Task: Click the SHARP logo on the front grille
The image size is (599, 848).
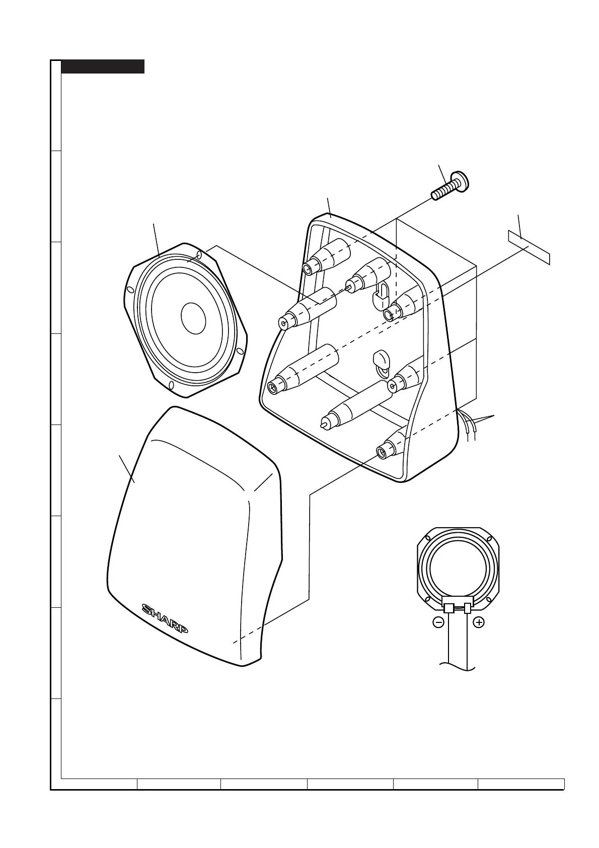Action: pos(165,619)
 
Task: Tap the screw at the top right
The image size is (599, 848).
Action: pos(450,186)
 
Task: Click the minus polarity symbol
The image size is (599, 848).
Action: pos(438,622)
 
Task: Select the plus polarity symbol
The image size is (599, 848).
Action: pos(479,622)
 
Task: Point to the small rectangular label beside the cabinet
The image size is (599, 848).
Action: pos(528,248)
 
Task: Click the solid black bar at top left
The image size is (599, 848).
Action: pos(103,66)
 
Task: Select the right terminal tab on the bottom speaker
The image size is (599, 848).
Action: pos(468,608)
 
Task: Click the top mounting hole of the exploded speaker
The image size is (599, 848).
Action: pos(200,256)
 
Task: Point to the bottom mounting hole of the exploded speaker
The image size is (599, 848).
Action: pos(171,386)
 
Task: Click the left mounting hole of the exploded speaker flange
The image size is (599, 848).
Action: pos(129,290)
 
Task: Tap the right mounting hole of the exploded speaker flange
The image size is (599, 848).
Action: pos(241,351)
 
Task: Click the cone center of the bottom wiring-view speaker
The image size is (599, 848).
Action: pos(457,564)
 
